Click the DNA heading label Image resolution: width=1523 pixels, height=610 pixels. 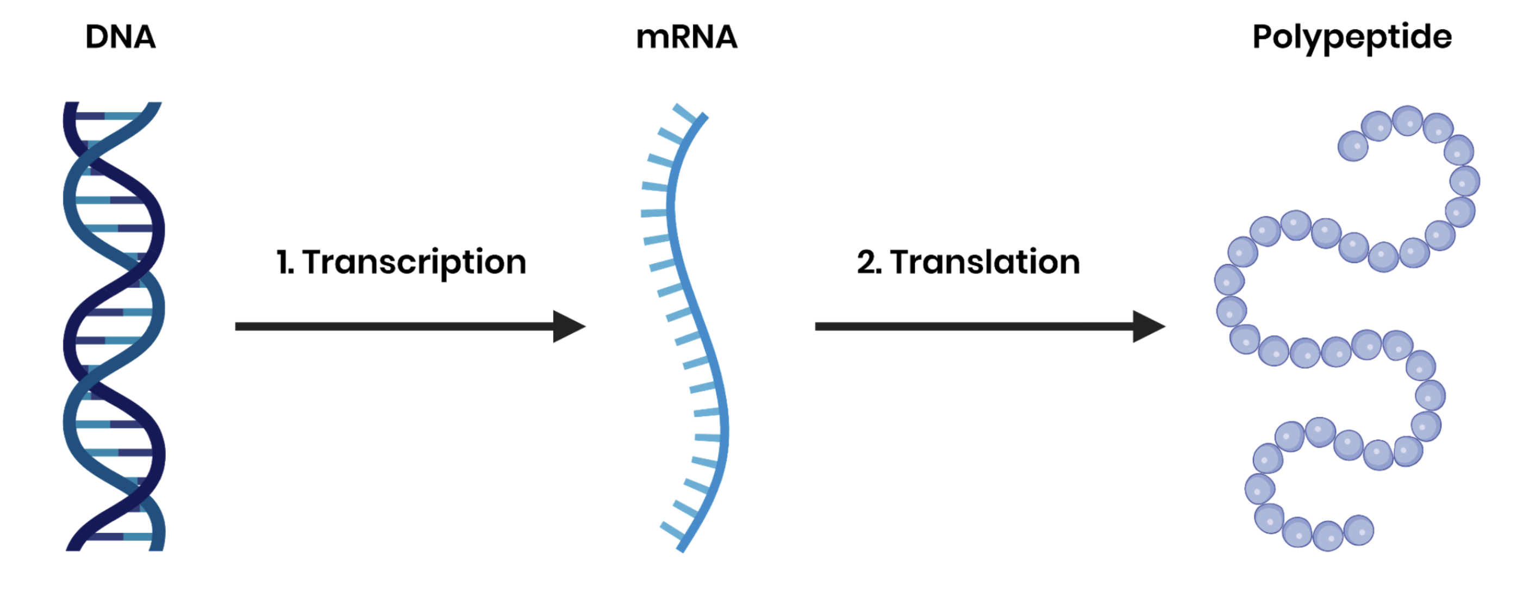click(x=121, y=37)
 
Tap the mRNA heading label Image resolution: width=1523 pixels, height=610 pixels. click(x=686, y=37)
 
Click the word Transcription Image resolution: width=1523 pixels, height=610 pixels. click(x=414, y=262)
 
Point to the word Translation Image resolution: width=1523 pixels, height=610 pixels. click(x=985, y=262)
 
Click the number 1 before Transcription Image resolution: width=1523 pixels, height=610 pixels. click(x=283, y=262)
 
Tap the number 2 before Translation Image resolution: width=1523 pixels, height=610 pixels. click(x=867, y=262)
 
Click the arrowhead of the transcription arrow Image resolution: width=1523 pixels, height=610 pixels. click(x=568, y=326)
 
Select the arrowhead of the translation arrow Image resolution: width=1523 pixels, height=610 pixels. click(x=1147, y=326)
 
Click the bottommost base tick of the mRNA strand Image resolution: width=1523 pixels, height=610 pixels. click(x=672, y=531)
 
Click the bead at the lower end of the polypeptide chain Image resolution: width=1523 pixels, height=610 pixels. click(x=1359, y=530)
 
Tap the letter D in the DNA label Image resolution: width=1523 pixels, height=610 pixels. click(x=96, y=37)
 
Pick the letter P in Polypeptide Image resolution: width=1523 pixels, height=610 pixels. click(x=1263, y=36)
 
